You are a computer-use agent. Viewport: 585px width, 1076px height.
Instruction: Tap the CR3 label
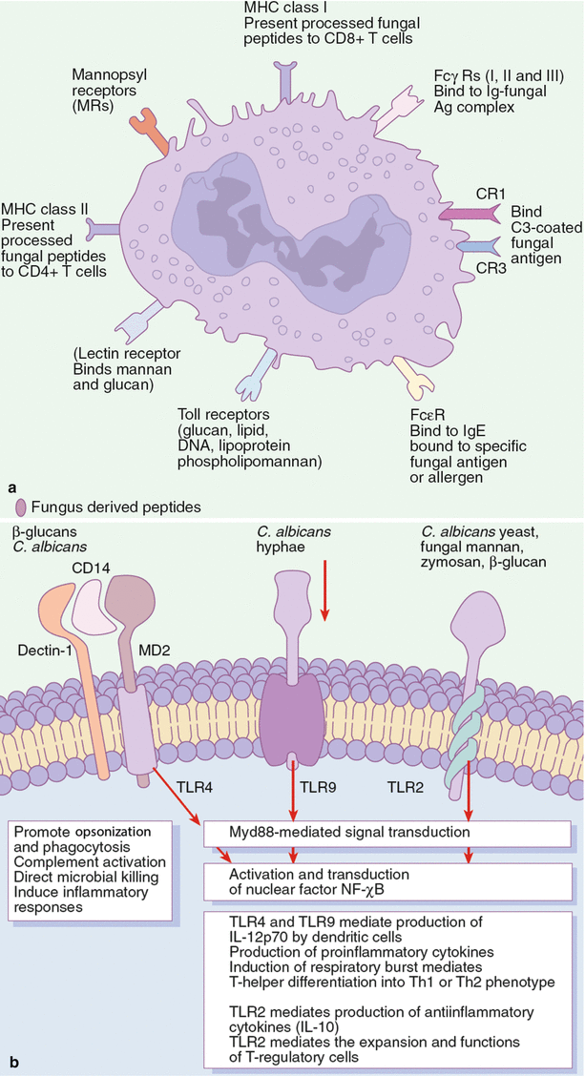(x=490, y=269)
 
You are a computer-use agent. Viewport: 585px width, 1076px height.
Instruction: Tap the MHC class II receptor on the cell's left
(x=103, y=228)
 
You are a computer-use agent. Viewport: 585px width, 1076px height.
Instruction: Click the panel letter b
(x=11, y=1061)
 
